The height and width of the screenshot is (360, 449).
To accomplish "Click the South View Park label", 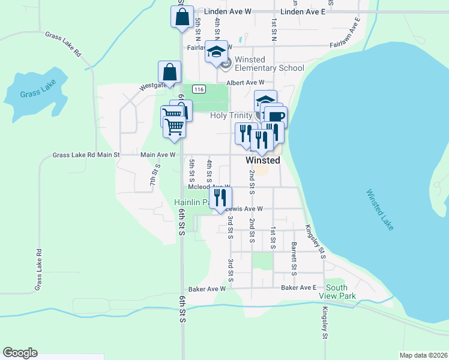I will [340, 292].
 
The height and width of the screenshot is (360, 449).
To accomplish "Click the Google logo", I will [20, 353].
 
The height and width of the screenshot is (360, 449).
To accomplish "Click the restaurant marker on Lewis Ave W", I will [220, 197].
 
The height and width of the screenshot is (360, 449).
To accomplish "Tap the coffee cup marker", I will [276, 116].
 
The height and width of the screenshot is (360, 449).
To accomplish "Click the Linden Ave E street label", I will [303, 11].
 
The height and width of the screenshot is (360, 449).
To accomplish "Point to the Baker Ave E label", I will [298, 288].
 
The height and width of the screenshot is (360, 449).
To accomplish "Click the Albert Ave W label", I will [245, 83].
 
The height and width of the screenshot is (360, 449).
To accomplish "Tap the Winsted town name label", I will [263, 160].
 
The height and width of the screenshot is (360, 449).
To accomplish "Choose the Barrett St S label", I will [294, 259].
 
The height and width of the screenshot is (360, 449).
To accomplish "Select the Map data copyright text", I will [424, 355].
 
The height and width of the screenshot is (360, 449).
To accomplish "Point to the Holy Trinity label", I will [231, 115].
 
